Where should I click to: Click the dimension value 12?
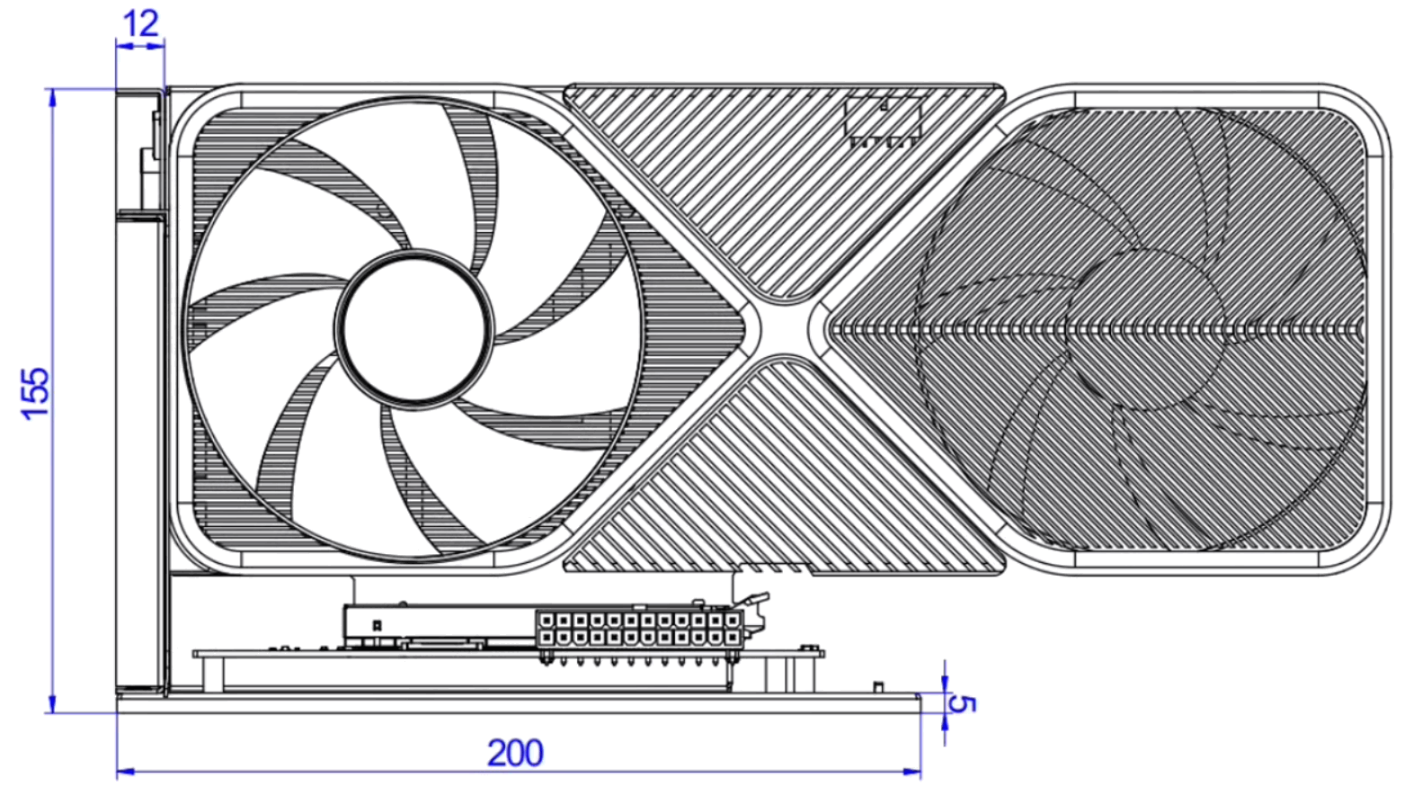[140, 24]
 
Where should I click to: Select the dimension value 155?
[36, 393]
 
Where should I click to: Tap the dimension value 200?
[515, 754]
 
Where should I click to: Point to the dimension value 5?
[962, 703]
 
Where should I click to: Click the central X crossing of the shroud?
[786, 327]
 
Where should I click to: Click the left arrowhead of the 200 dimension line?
[126, 772]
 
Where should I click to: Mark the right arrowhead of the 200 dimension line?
[912, 772]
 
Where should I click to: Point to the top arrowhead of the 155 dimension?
[52, 97]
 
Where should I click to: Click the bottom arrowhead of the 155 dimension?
[52, 703]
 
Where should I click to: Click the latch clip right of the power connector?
[755, 613]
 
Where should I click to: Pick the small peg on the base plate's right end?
[878, 687]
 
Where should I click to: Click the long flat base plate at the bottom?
[519, 703]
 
